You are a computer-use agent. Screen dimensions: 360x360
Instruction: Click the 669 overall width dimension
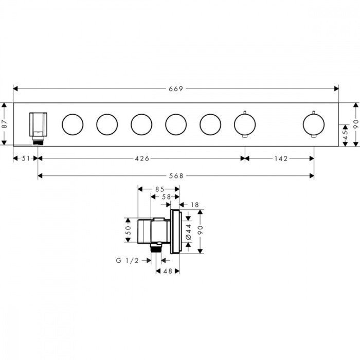(176, 88)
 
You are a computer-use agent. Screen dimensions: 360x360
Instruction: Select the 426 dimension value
(142, 158)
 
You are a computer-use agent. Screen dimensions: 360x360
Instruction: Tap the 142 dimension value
(281, 158)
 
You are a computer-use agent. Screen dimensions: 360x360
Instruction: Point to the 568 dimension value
(176, 176)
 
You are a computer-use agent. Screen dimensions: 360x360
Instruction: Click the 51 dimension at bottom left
(26, 158)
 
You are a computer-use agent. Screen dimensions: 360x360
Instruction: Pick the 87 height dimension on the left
(4, 124)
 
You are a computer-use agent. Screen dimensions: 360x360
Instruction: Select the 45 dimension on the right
(345, 135)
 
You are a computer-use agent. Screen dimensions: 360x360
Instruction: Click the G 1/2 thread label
(128, 260)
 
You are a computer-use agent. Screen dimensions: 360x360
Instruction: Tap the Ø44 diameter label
(189, 231)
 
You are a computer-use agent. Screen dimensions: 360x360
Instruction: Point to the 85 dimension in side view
(160, 189)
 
